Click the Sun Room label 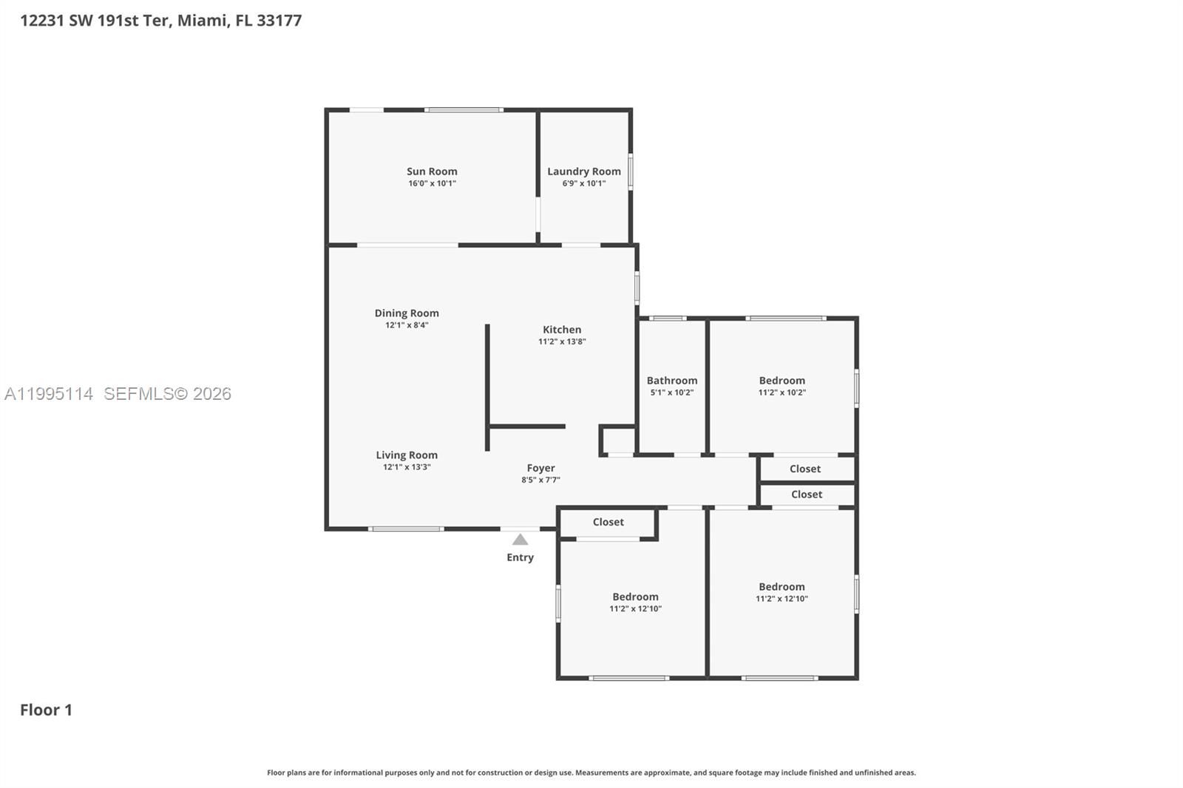pyautogui.click(x=432, y=171)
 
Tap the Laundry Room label pyautogui.click(x=583, y=171)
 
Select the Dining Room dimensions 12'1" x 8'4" pyautogui.click(x=407, y=325)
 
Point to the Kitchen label pyautogui.click(x=562, y=330)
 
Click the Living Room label pyautogui.click(x=407, y=455)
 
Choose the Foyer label pyautogui.click(x=540, y=468)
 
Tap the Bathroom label pyautogui.click(x=672, y=380)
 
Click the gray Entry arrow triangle pyautogui.click(x=521, y=539)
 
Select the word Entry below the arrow pyautogui.click(x=521, y=557)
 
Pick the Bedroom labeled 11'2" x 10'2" pyautogui.click(x=782, y=380)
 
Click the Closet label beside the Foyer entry pyautogui.click(x=609, y=522)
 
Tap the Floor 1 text pyautogui.click(x=46, y=710)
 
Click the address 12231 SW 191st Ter pyautogui.click(x=95, y=21)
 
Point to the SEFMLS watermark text pyautogui.click(x=167, y=393)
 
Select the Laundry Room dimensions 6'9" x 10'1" pyautogui.click(x=584, y=184)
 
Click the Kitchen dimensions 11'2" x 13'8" pyautogui.click(x=562, y=342)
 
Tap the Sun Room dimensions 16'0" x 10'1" pyautogui.click(x=432, y=184)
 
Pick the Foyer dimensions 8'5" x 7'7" pyautogui.click(x=540, y=480)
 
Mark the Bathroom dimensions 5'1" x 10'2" pyautogui.click(x=672, y=393)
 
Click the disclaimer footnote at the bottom pyautogui.click(x=591, y=772)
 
